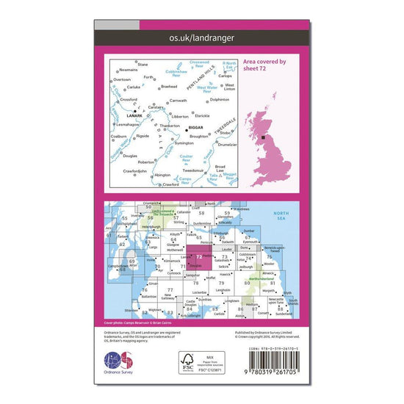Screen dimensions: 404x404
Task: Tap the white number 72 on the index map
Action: point(199,256)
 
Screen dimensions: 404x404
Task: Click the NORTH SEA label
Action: point(283,214)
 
